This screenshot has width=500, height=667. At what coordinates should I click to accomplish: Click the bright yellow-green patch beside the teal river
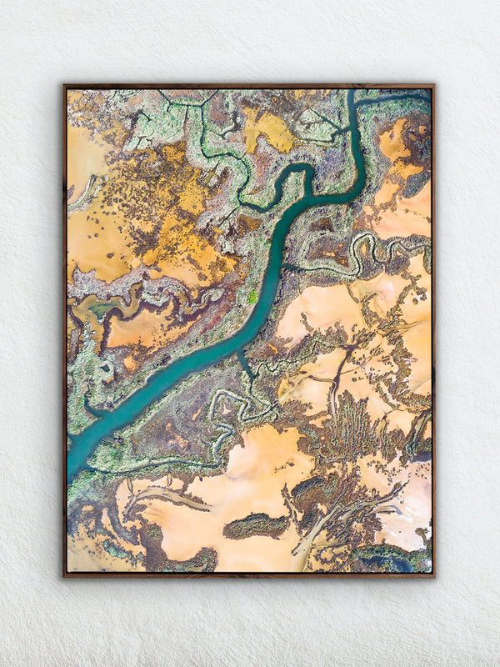252,295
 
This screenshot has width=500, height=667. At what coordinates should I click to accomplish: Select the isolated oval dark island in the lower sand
257,525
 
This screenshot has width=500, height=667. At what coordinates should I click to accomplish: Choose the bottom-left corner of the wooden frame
64,575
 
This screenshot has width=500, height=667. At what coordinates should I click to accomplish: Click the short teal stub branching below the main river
244,364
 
